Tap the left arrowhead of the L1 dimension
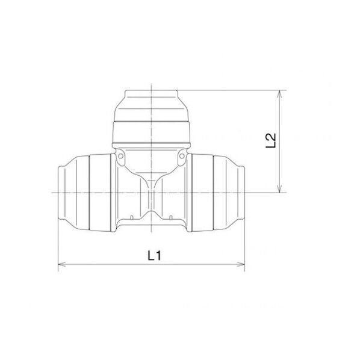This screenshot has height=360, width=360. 60,264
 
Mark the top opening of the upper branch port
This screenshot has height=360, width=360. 151,91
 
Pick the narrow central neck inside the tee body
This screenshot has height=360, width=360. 151,199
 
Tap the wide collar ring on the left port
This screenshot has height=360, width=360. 100,192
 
